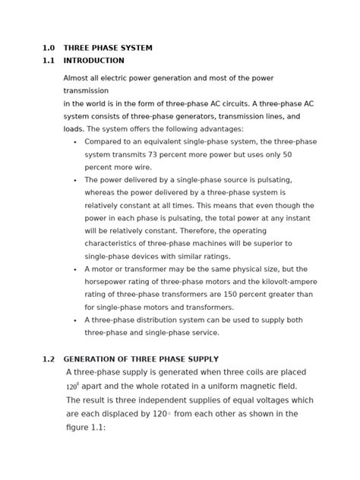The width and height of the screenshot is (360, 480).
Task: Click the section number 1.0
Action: point(48,48)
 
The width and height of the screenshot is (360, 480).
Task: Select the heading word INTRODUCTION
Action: point(93,61)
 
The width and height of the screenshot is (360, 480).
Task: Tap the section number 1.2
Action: point(48,359)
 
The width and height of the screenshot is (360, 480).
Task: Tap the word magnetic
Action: point(266,386)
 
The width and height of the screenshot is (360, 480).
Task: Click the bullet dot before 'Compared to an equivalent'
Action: point(74,142)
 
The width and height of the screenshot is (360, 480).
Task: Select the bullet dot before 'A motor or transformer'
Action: point(74,270)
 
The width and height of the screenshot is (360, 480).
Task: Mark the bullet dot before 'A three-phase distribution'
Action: point(74,321)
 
